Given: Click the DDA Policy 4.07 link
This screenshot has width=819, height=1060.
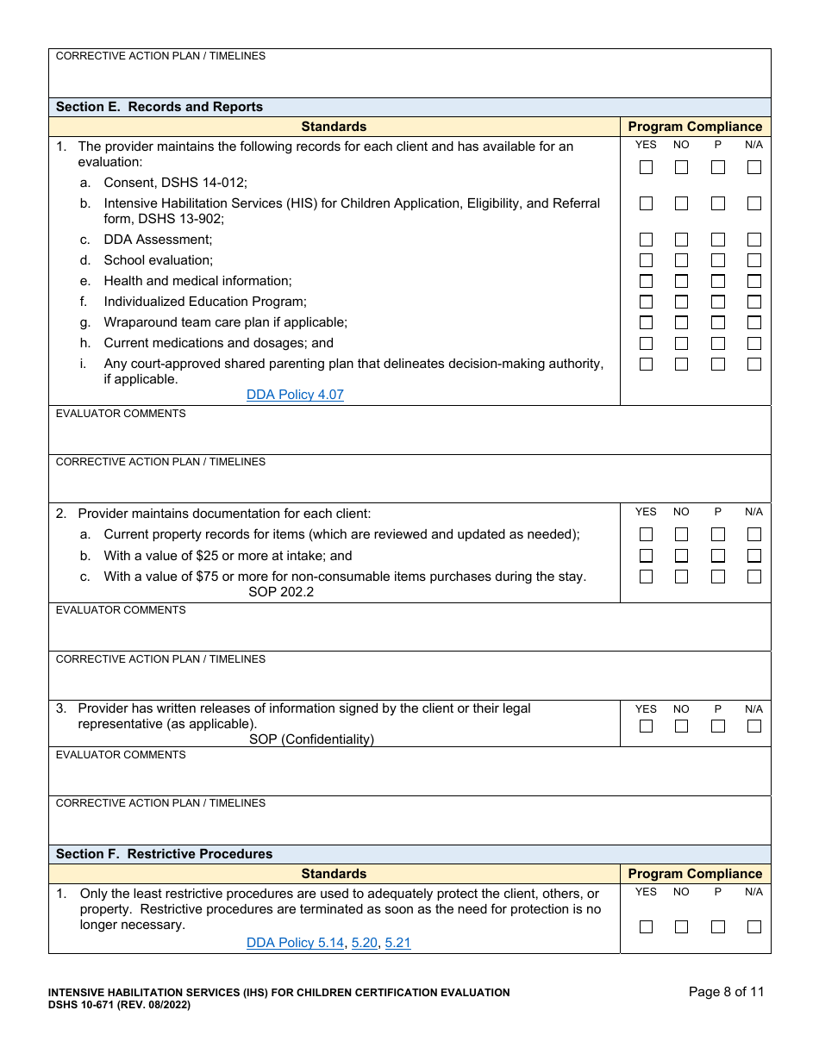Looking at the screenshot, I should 295,395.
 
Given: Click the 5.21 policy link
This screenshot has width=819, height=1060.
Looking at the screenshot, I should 397,943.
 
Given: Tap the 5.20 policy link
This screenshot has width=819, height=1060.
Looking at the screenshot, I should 365,943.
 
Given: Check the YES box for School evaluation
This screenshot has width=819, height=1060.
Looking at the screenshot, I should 646,260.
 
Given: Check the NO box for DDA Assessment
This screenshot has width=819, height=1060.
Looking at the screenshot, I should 681,240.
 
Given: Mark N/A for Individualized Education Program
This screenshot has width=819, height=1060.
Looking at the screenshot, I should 754,302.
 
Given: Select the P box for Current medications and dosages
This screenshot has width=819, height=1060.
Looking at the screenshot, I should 717,343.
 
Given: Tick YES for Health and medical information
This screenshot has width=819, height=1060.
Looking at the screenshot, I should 646,281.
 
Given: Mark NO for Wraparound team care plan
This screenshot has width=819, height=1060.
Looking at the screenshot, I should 681,322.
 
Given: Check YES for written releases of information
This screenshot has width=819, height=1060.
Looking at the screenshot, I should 646,726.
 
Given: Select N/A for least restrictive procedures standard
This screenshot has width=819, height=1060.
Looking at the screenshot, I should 754,926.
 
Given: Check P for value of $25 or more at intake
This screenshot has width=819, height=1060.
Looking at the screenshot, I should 717,556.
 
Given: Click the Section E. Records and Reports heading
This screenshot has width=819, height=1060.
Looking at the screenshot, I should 159,107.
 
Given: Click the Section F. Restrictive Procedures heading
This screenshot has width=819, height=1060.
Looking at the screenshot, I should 164,854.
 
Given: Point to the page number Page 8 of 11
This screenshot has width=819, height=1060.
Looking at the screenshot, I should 726,992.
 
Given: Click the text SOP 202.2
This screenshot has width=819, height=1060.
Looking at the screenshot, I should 281,592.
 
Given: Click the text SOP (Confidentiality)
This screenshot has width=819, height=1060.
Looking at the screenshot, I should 311,739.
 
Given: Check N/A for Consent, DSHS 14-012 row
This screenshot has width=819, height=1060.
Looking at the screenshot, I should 754,167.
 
